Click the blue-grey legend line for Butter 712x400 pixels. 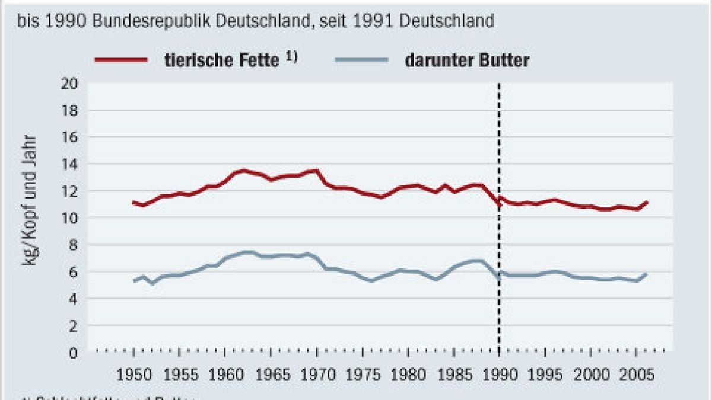[x=361, y=59]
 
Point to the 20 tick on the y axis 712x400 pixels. [x=70, y=83]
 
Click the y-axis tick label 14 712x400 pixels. [x=70, y=164]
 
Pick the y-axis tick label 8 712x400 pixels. [x=74, y=245]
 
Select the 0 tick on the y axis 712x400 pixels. [x=74, y=353]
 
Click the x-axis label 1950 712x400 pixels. [x=133, y=376]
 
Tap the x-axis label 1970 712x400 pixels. [x=316, y=376]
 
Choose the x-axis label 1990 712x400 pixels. [x=499, y=376]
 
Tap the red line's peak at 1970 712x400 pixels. [x=316, y=171]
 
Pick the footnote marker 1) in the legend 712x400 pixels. [x=289, y=57]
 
